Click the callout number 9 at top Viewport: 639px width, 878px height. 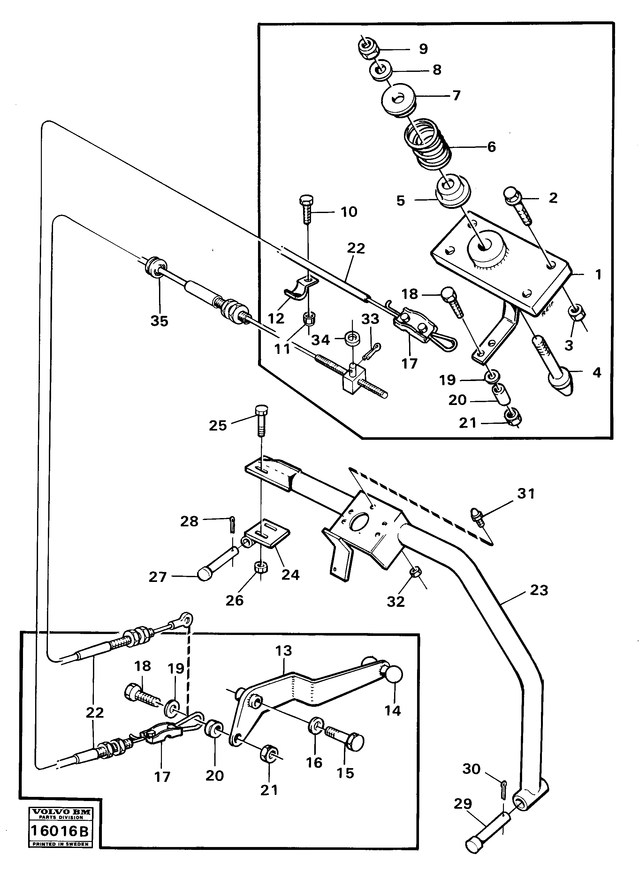tap(423, 49)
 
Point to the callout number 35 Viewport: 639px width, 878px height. tap(159, 321)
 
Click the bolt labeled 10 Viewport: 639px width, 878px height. tap(305, 209)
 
